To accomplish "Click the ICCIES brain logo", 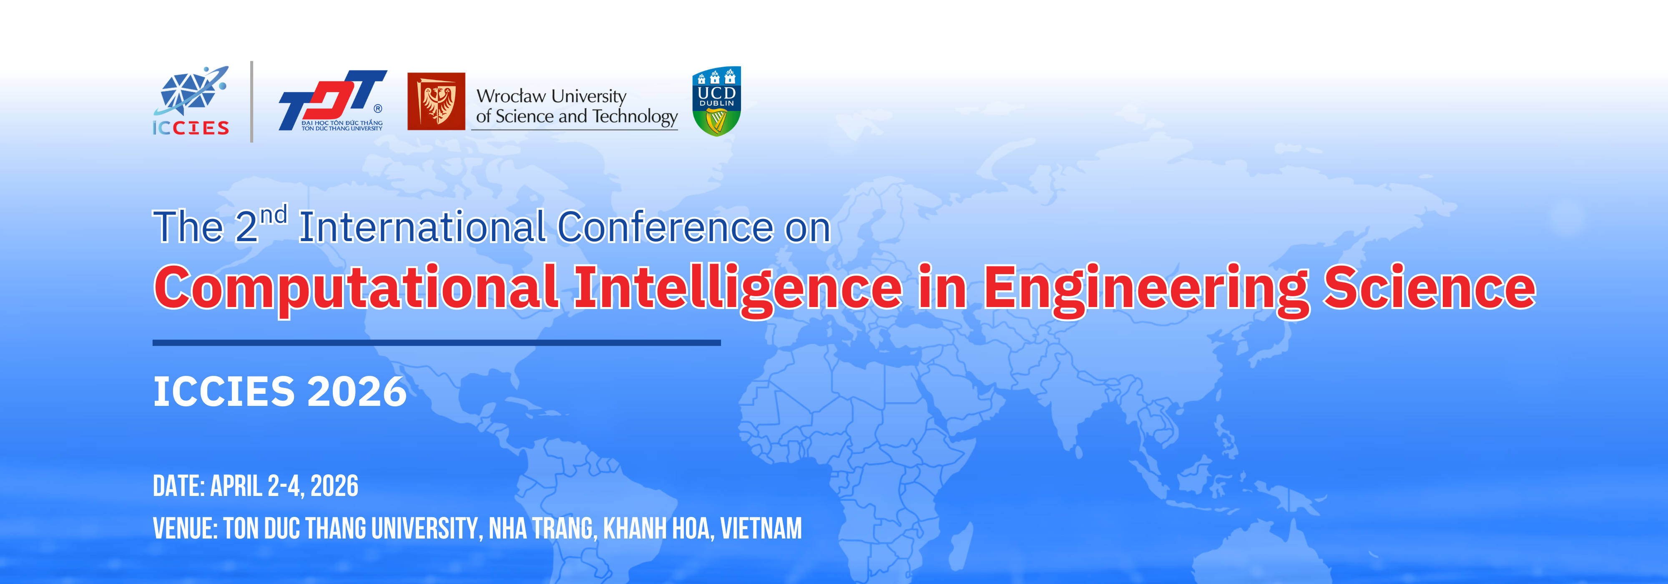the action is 191,101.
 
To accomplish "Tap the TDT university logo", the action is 333,101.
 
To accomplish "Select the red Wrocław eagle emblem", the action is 436,101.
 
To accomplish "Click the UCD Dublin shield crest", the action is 716,101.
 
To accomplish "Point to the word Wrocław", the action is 511,96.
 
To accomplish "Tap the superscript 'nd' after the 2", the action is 274,214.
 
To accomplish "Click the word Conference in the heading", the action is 665,227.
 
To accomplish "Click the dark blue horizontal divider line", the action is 437,342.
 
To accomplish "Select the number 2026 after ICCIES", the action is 357,392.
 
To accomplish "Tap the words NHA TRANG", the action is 541,529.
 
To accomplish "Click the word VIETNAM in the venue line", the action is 761,529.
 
